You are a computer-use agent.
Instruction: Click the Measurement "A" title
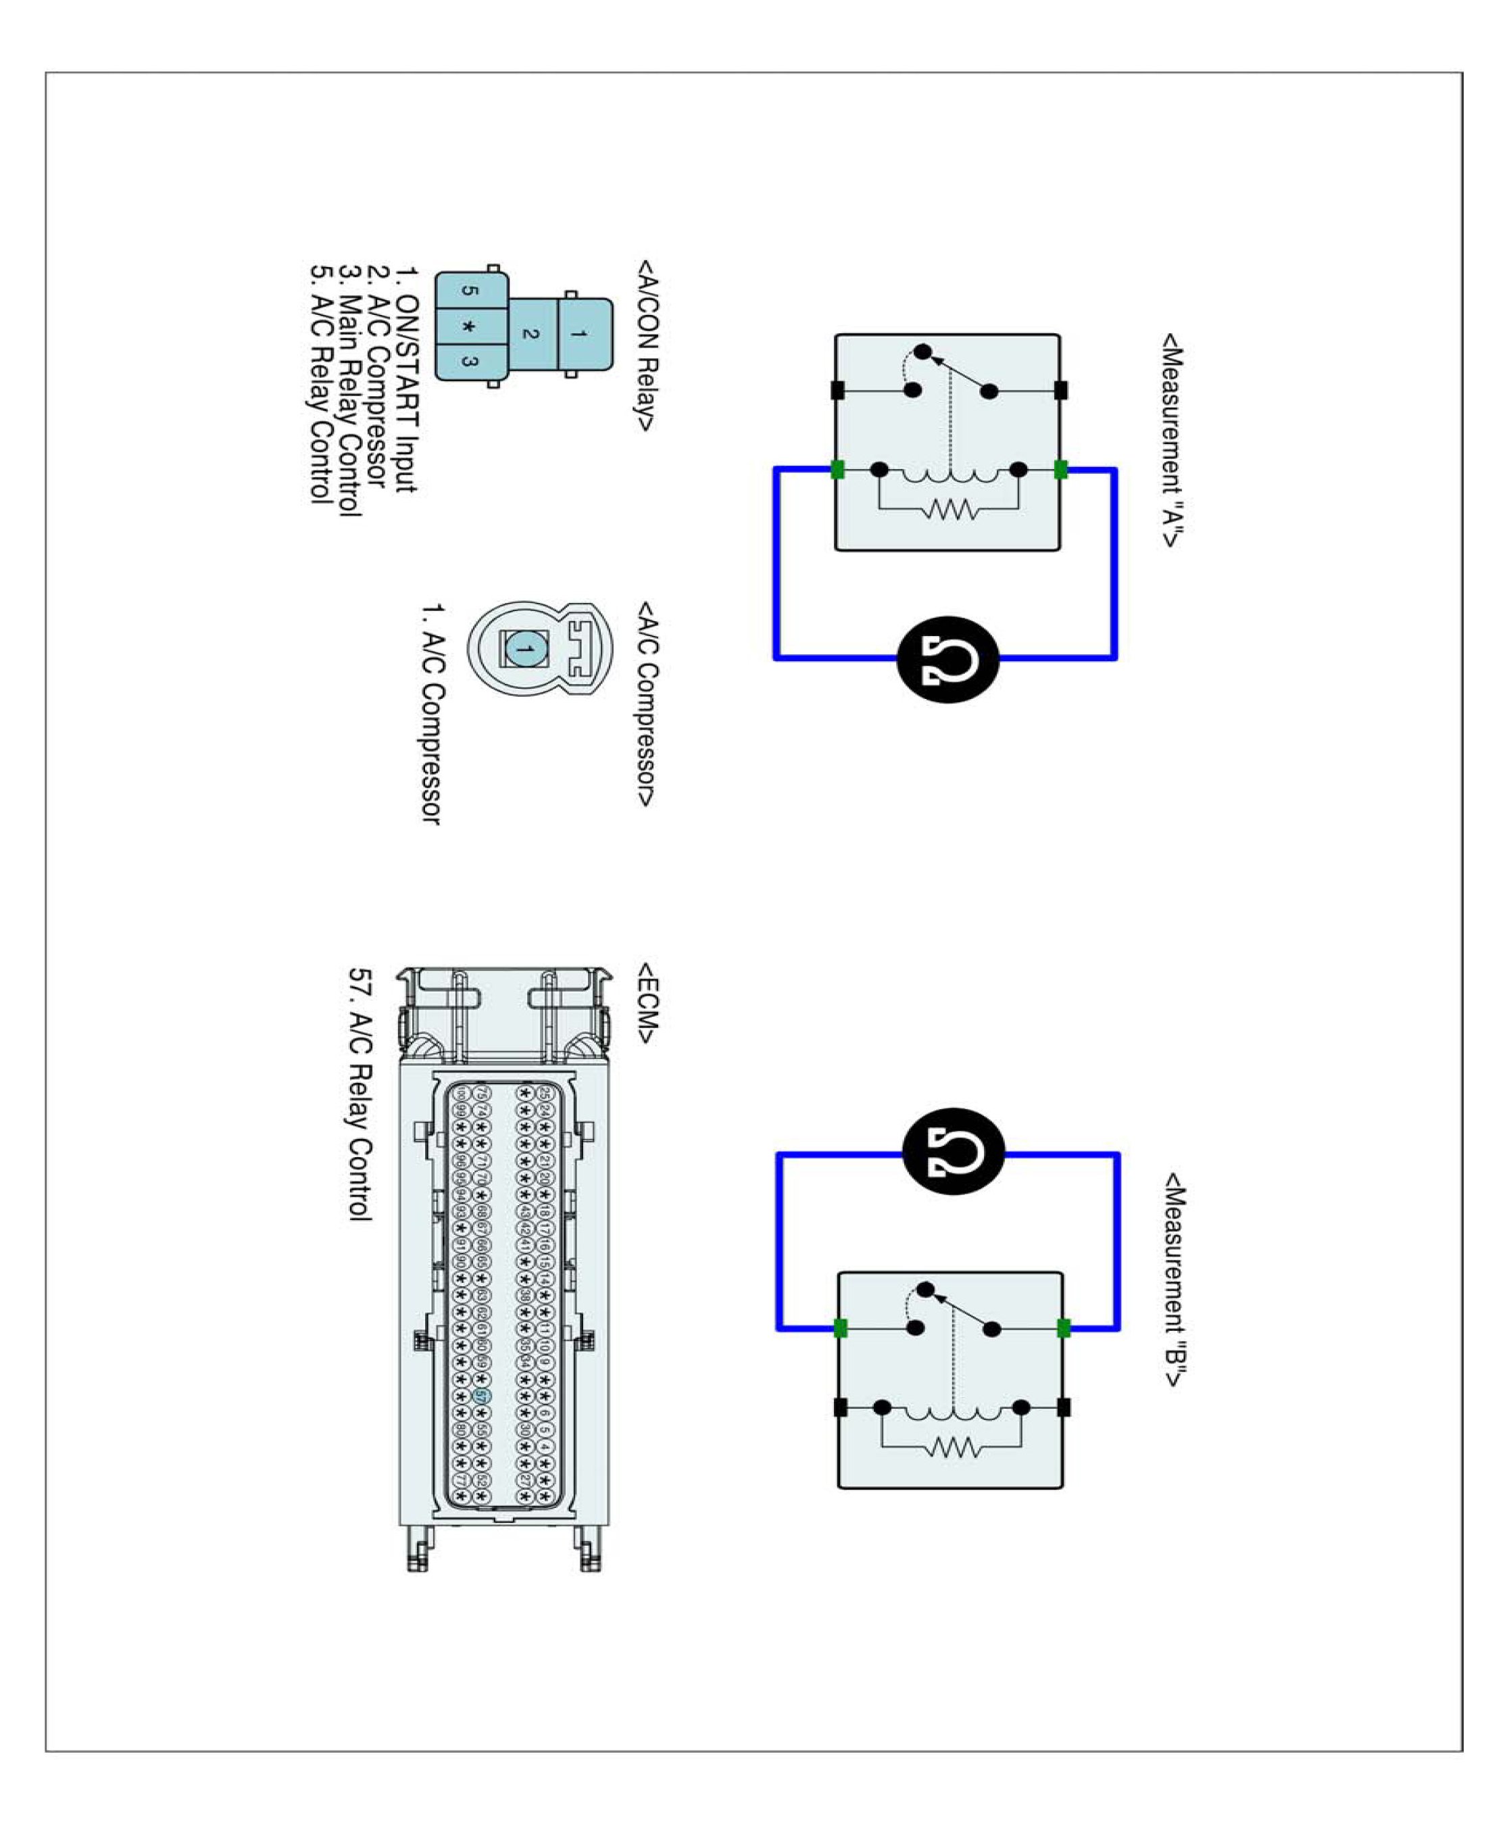coord(1172,439)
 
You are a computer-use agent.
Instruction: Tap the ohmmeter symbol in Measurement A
coord(948,659)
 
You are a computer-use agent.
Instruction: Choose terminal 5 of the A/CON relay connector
coord(470,291)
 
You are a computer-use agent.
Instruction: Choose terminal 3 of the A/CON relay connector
coord(470,361)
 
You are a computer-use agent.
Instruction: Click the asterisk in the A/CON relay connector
coord(470,326)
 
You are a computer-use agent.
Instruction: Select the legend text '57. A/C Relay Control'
coord(360,1095)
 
